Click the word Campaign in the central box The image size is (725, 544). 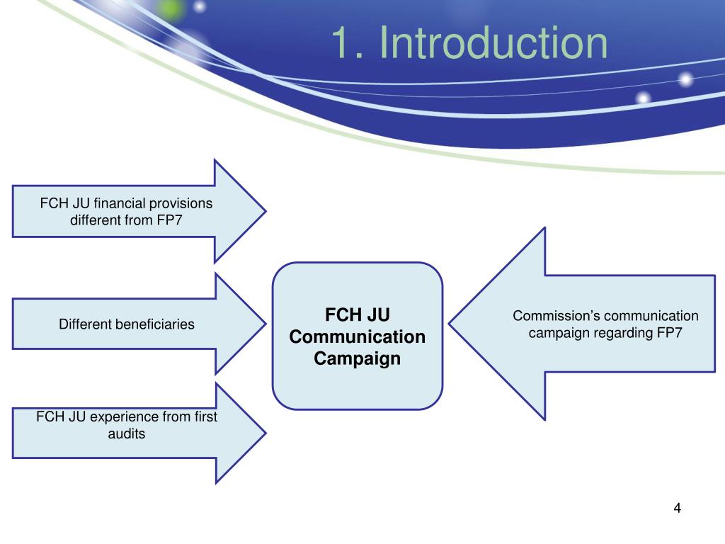point(358,358)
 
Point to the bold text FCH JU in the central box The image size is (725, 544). point(358,314)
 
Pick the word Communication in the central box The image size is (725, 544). point(358,336)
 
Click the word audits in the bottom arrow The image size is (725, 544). point(126,433)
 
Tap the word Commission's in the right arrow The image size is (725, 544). point(557,316)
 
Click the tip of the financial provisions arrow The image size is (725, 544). point(265,211)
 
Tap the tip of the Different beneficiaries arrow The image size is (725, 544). point(265,324)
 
